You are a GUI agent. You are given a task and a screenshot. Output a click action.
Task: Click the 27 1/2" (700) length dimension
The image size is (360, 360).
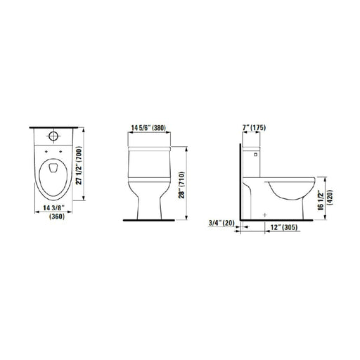click(x=79, y=165)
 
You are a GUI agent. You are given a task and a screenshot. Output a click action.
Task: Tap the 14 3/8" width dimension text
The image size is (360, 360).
click(x=53, y=207)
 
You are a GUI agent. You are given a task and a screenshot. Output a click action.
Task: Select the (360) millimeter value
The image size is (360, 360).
click(x=57, y=217)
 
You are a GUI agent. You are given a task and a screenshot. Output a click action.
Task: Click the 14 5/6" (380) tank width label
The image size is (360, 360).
click(x=148, y=128)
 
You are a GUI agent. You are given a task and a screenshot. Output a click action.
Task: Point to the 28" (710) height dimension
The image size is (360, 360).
click(x=181, y=185)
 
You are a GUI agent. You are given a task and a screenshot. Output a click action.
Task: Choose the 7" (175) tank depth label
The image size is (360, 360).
click(x=254, y=128)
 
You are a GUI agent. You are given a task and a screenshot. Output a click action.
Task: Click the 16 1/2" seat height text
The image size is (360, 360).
click(x=321, y=200)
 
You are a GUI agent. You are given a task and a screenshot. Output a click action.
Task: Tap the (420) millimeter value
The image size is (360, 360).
click(x=330, y=198)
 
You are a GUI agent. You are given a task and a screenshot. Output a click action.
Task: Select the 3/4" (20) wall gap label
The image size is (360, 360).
click(x=221, y=223)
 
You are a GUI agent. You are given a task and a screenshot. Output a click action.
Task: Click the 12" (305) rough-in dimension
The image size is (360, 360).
click(x=284, y=227)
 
